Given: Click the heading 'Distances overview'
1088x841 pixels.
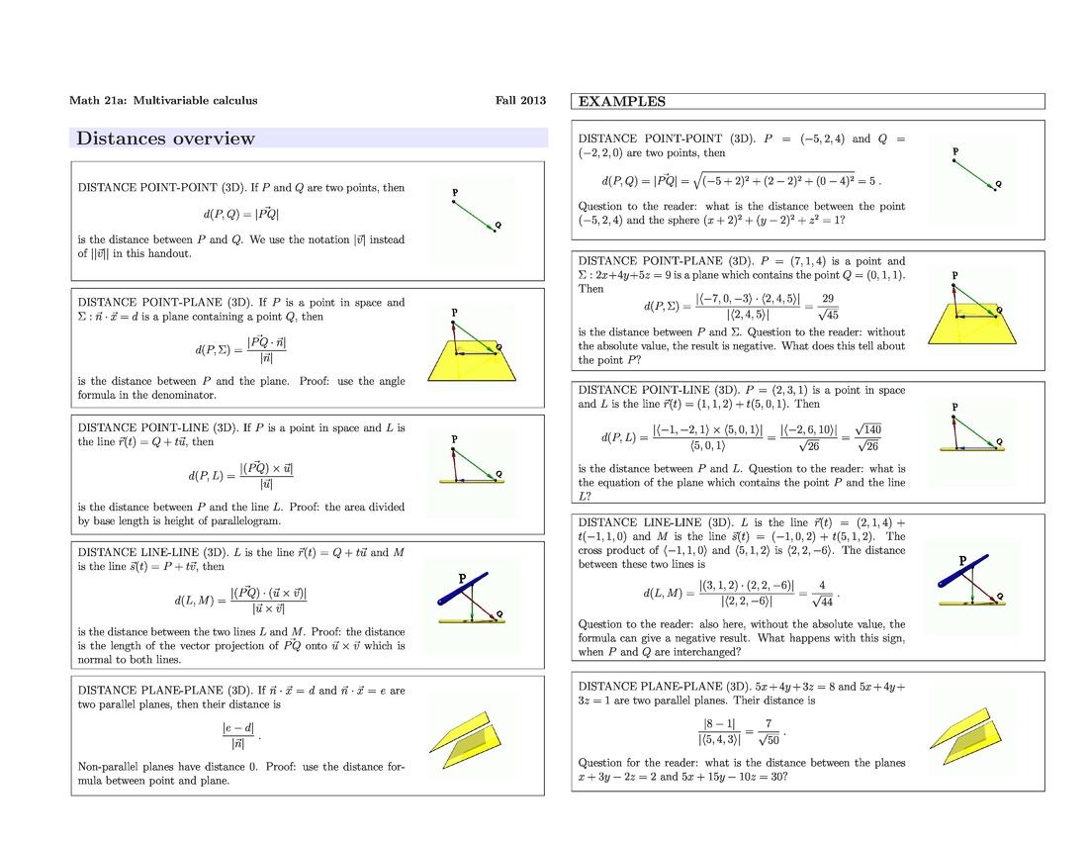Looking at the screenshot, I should coord(165,139).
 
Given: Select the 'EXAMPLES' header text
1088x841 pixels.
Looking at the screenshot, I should coord(621,101).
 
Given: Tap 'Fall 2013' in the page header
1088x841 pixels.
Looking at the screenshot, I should coord(520,101).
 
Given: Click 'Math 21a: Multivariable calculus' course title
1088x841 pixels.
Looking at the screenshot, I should coord(163,101).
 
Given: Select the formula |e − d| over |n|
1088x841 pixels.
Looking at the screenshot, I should coord(238,735).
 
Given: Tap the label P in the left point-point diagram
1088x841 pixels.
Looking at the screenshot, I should coord(454,192).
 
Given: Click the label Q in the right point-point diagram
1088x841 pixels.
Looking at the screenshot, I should coord(998,184).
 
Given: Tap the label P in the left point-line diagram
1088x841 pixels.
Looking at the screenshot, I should coord(454,438).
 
